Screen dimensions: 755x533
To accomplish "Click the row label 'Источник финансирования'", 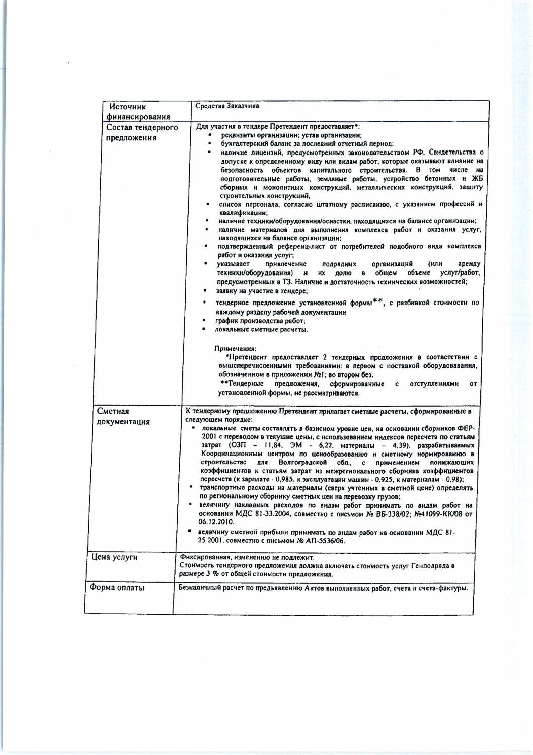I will click(x=137, y=112).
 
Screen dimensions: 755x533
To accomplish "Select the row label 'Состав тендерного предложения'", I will click(x=141, y=133).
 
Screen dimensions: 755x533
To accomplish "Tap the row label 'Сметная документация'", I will click(x=123, y=416).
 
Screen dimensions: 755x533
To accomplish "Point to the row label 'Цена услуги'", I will click(x=114, y=557).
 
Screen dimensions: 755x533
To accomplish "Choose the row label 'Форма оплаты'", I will click(x=117, y=587).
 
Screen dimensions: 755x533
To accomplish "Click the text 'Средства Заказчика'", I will click(x=227, y=106).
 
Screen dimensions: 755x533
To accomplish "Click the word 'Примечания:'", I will click(x=235, y=348).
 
